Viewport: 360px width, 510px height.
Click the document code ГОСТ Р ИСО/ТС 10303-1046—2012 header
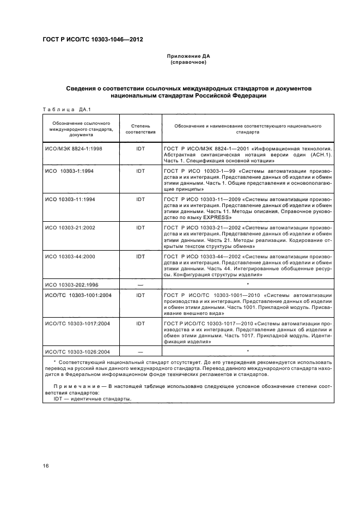(93, 39)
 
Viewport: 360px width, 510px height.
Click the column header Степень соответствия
(141, 128)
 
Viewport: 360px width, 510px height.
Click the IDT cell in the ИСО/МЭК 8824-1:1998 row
(141, 148)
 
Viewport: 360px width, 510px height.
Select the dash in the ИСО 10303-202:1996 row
(141, 284)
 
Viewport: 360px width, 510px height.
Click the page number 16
(46, 466)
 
